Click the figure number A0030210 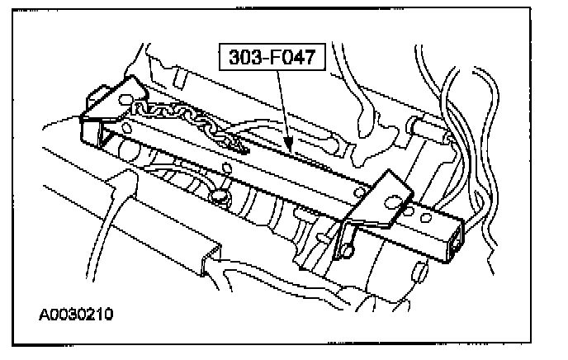75,315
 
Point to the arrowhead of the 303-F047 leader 289,149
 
